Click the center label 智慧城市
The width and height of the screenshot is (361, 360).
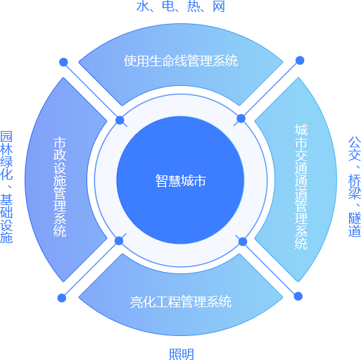coord(181,181)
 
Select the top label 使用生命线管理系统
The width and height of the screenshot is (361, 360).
coord(181,61)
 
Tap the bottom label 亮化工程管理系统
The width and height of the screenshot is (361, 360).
coord(181,302)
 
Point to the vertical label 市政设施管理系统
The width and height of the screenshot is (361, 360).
coord(60,186)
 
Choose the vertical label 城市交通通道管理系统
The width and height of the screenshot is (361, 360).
coord(301,186)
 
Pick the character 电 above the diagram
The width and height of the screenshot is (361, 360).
coord(168,6)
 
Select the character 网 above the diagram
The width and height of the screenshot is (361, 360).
coord(219,6)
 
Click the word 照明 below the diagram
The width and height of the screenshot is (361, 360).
coord(181,354)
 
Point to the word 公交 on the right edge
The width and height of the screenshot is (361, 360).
coord(355,149)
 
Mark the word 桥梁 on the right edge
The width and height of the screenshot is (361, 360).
coord(355,188)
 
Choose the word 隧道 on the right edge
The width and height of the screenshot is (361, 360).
coord(355,225)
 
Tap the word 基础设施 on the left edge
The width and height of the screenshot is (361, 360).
coord(6,218)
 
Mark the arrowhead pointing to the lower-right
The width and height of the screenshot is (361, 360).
coord(296,294)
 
